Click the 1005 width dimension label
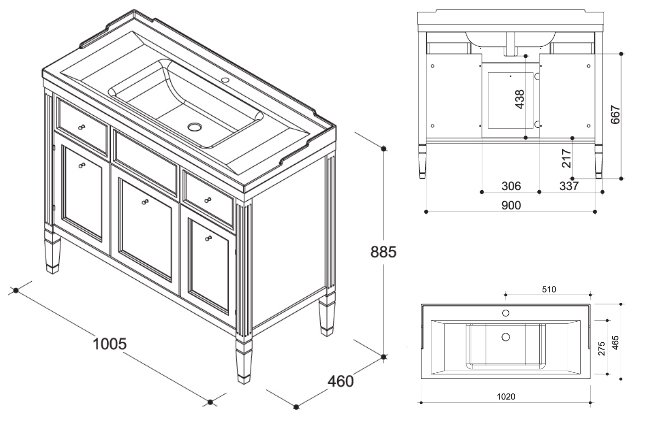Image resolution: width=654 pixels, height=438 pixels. tap(110, 343)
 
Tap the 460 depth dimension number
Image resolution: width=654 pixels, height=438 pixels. tap(341, 381)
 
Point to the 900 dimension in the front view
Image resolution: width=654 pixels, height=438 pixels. tap(510, 205)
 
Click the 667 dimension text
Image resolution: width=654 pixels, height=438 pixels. tap(617, 115)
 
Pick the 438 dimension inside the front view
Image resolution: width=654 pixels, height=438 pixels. tap(520, 100)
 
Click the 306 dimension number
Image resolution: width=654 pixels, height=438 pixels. tap(511, 186)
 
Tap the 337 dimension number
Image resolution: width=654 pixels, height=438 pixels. tap(569, 186)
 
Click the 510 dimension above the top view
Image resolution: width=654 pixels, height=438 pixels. tap(548, 290)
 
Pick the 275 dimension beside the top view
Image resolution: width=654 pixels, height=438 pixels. tap(601, 348)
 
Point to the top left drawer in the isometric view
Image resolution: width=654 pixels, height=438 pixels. tap(82, 124)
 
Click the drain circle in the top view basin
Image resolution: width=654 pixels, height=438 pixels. tap(505, 337)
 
